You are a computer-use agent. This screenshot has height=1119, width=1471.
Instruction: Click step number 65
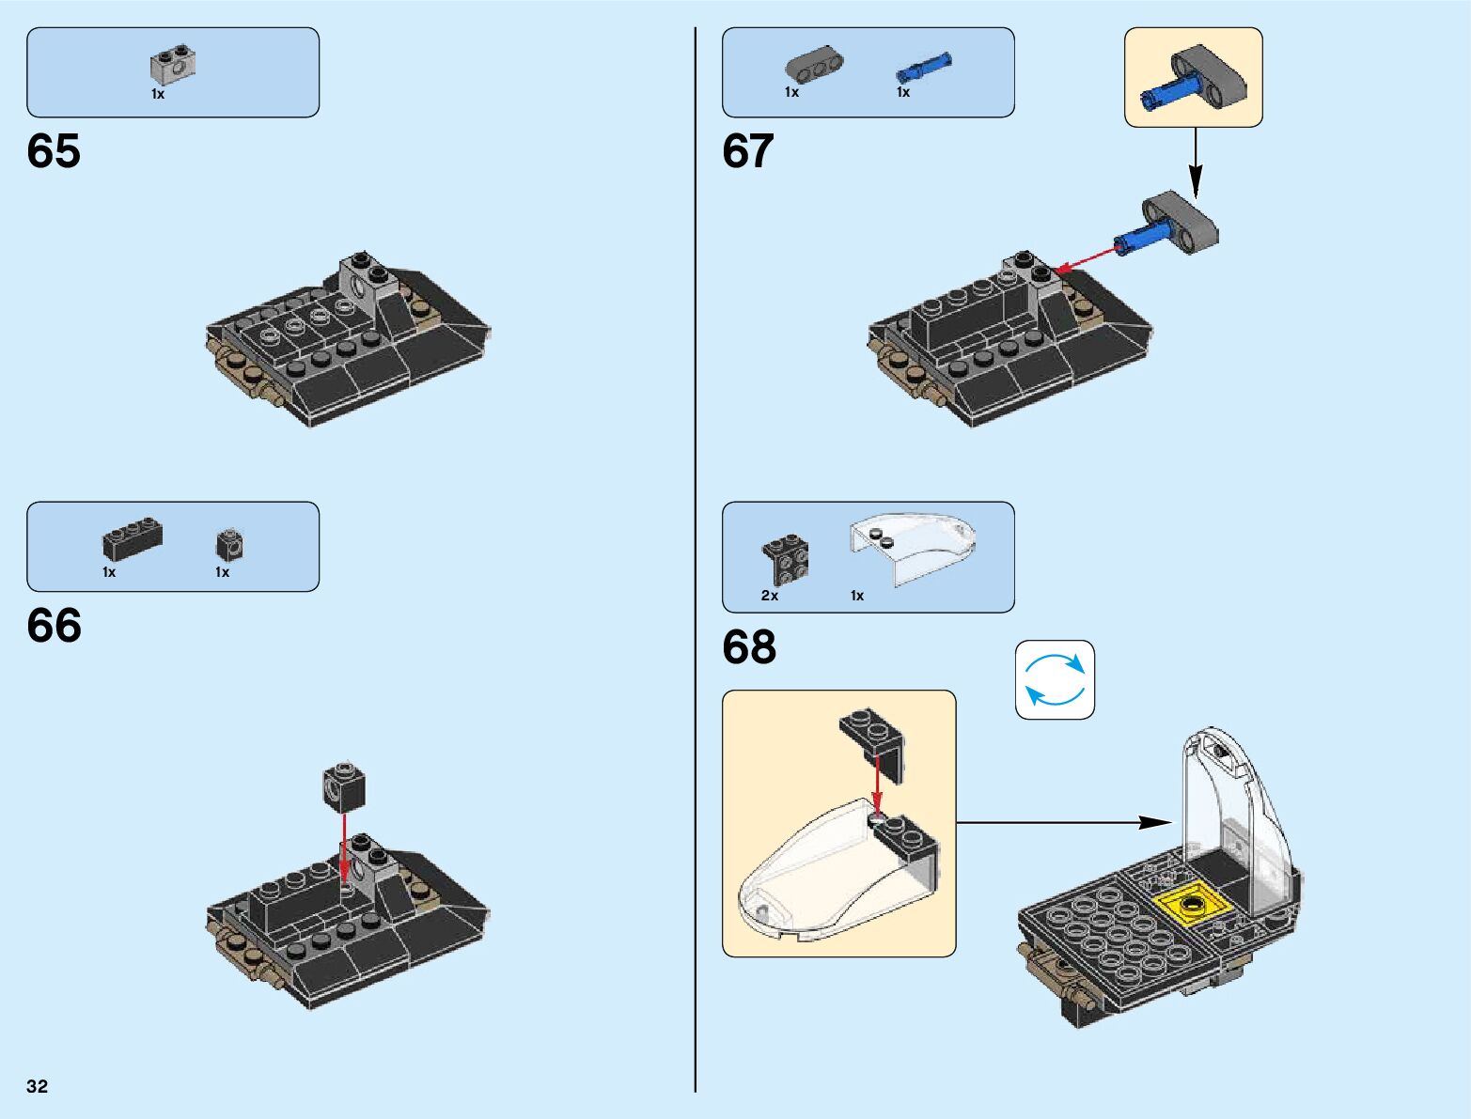(54, 151)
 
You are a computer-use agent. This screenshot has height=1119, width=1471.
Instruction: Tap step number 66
(54, 626)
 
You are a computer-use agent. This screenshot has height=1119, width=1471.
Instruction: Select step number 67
(748, 151)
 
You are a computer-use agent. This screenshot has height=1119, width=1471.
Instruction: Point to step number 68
(749, 646)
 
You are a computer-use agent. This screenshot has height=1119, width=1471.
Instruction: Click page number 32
(38, 1086)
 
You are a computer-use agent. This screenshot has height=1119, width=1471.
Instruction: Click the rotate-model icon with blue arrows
(1055, 680)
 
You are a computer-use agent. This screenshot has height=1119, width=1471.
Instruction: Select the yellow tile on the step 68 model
(1193, 905)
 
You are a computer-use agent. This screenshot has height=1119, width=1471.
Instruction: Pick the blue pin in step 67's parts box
(924, 68)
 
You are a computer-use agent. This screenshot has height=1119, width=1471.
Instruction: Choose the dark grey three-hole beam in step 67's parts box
(814, 65)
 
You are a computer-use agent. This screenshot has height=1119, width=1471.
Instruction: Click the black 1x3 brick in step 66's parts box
(132, 539)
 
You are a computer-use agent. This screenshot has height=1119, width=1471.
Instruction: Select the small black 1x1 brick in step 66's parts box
(229, 544)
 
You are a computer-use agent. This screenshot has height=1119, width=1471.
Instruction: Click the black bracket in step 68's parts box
(786, 560)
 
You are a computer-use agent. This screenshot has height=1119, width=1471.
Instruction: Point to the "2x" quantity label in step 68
(770, 596)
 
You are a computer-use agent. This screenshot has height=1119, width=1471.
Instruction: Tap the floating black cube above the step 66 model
(343, 785)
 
